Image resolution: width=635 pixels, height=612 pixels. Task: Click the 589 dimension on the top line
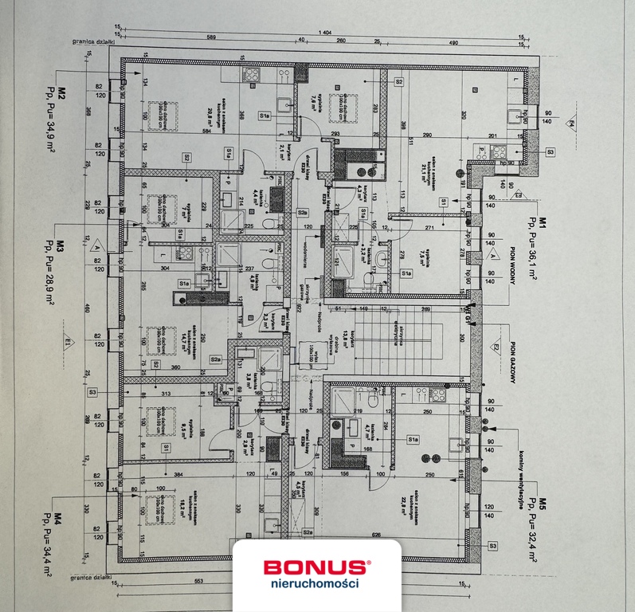(211, 37)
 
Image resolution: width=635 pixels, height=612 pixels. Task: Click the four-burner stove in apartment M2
(251, 76)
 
